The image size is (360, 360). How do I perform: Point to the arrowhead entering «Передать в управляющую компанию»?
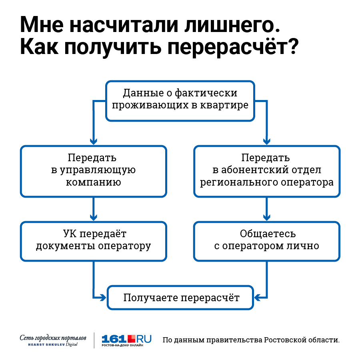point(94,142)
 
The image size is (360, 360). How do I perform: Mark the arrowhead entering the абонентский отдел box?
point(267,142)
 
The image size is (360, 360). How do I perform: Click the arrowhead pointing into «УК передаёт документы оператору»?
point(94,218)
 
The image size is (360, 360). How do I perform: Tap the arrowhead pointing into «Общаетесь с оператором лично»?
point(267,218)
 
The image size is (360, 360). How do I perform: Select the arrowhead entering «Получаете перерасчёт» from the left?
point(103,298)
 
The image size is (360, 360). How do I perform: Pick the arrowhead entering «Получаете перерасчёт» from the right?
point(258,298)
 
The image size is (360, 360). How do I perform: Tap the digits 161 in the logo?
point(114,339)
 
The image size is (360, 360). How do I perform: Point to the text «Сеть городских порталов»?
point(53,338)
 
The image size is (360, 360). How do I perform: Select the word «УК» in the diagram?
point(70,234)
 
